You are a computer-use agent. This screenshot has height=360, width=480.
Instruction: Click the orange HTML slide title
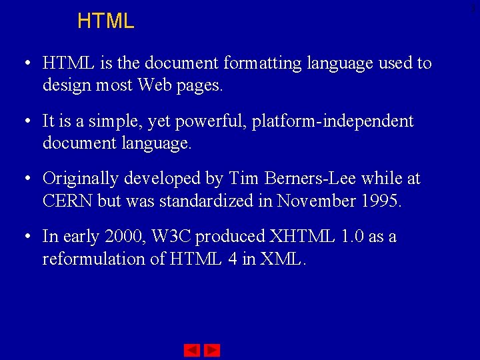tap(105, 21)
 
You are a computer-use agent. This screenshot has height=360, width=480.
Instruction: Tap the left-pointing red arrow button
tap(192, 350)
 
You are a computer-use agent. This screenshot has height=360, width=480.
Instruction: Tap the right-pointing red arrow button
tap(212, 350)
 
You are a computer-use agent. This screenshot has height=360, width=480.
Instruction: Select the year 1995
tap(379, 201)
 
